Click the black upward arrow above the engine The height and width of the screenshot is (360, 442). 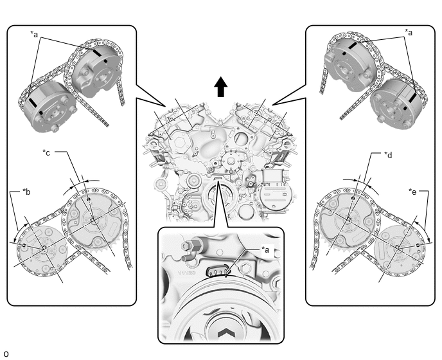point(221,87)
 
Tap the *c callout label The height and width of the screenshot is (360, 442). point(46,152)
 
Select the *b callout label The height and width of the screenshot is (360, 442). point(26,192)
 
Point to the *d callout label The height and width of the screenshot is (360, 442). point(388,155)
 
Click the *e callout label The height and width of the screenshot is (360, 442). point(412,192)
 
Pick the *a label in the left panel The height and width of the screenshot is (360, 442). point(34,35)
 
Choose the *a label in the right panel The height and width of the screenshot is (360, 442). point(409,33)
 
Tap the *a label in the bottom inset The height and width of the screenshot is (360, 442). point(265,249)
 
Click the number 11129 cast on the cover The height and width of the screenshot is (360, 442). point(186,273)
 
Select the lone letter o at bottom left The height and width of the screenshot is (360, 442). point(6,354)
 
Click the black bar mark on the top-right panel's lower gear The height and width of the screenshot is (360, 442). point(412,98)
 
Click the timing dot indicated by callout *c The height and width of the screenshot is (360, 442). point(89,199)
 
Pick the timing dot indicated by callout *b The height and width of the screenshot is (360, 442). point(24,246)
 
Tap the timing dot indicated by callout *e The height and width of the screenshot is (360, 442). point(418,246)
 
